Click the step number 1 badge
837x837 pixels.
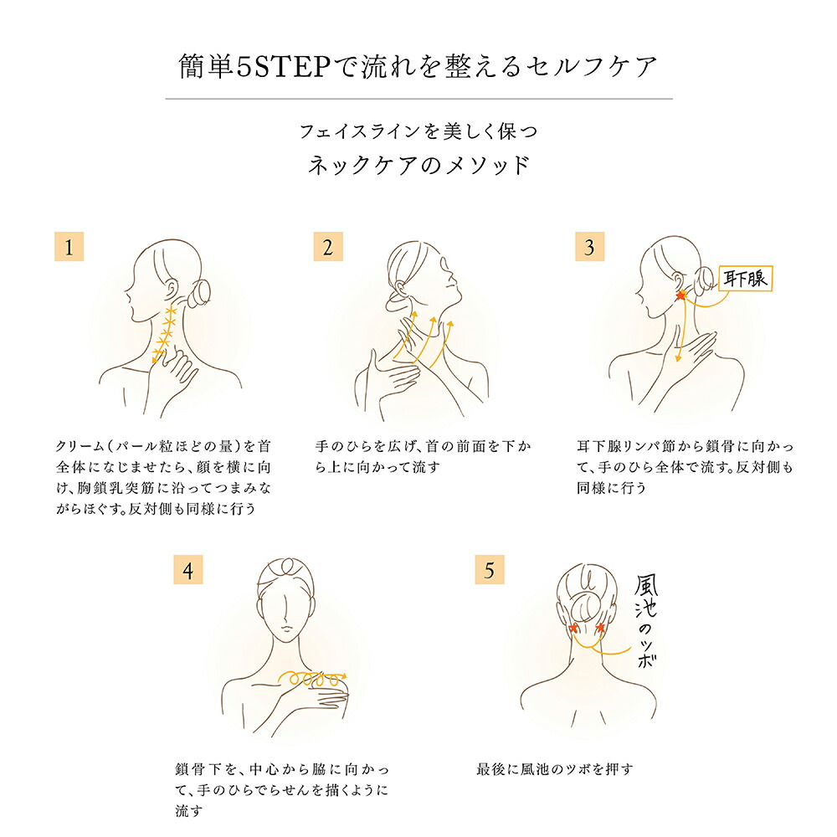click(69, 247)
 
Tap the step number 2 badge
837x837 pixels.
click(328, 247)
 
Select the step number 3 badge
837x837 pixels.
click(589, 247)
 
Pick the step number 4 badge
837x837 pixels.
click(187, 569)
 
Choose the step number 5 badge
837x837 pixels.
click(490, 569)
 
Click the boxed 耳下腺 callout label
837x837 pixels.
click(745, 278)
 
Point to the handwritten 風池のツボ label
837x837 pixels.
click(646, 620)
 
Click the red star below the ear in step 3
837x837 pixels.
click(680, 295)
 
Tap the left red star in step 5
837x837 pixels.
click(574, 628)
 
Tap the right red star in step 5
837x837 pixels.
click(600, 627)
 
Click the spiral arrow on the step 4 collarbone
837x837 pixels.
click(311, 677)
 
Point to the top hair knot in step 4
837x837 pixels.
click(287, 566)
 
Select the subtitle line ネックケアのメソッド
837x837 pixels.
click(418, 166)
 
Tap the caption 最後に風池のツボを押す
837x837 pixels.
click(555, 769)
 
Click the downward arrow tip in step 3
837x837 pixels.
click(679, 359)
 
